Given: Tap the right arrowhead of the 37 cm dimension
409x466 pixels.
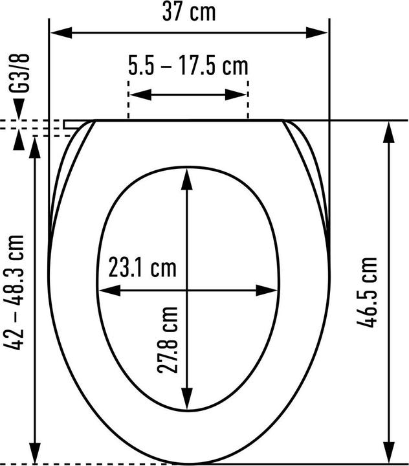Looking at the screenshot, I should click(322, 32).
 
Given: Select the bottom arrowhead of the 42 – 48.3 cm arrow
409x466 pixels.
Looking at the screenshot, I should click(35, 454).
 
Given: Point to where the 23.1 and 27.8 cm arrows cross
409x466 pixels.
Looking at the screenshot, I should click(188, 291).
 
